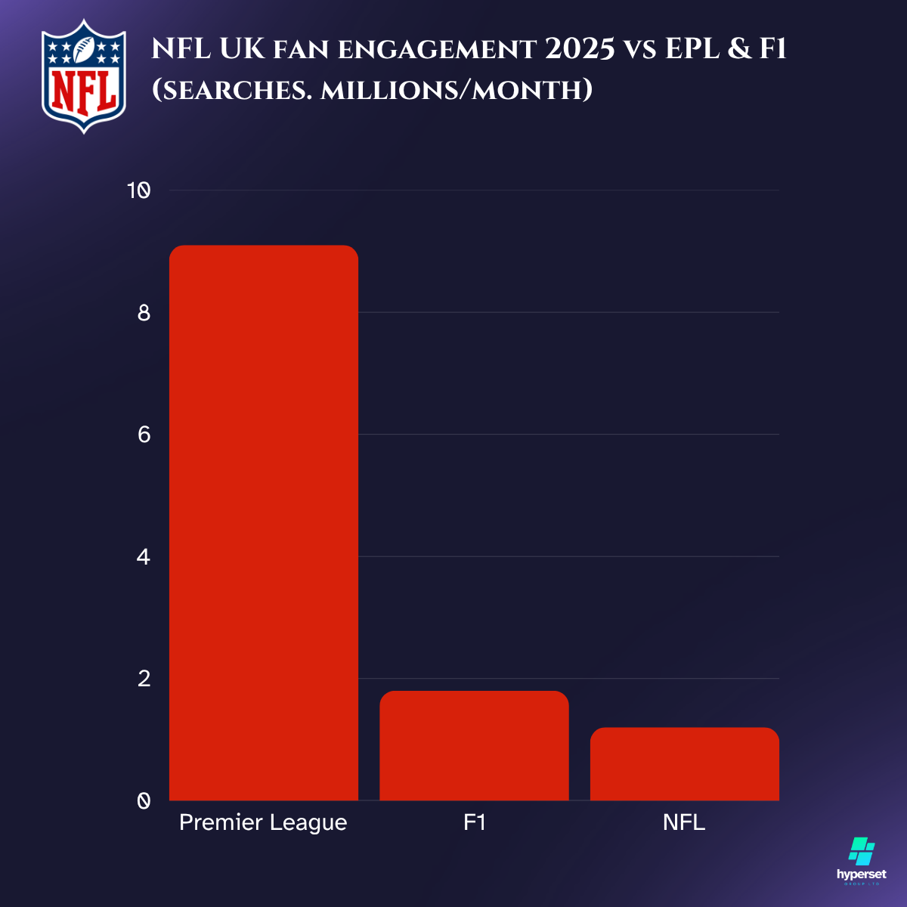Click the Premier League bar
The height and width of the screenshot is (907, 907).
click(263, 522)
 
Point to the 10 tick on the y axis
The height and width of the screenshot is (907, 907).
click(138, 190)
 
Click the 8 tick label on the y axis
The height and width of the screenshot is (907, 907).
click(144, 313)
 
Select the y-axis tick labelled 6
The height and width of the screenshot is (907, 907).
click(144, 435)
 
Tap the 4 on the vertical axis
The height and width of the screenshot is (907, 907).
click(144, 557)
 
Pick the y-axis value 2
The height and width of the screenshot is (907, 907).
click(144, 679)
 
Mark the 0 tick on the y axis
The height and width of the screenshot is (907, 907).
click(144, 800)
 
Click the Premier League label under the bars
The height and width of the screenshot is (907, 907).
click(263, 822)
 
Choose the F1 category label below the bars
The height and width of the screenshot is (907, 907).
click(474, 822)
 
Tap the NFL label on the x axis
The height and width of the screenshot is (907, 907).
click(684, 822)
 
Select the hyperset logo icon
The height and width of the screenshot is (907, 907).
click(862, 851)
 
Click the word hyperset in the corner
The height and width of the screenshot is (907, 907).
click(862, 874)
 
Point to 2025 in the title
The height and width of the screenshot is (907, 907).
click(579, 50)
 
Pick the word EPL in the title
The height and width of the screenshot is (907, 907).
click(692, 50)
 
